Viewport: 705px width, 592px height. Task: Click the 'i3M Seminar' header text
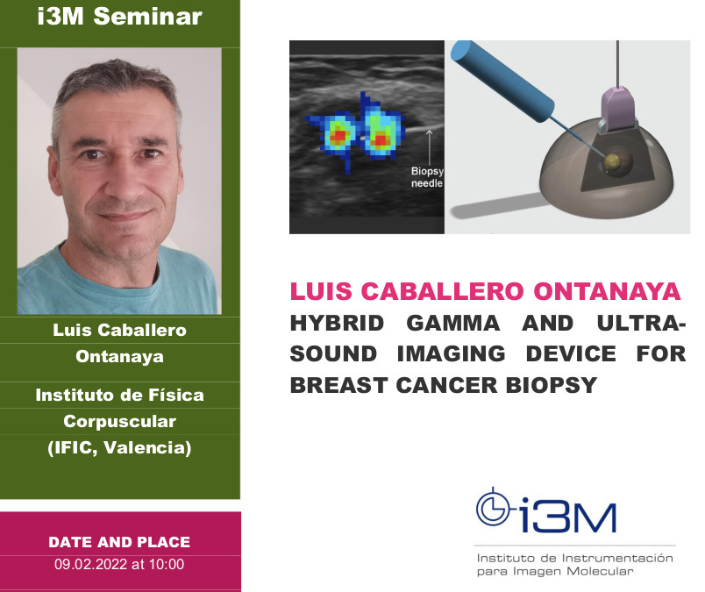point(119,18)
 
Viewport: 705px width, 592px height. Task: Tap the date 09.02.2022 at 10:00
point(119,564)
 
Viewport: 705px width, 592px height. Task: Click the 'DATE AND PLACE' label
point(119,542)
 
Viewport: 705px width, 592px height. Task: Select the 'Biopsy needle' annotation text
point(427,178)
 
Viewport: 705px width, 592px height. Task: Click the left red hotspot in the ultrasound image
point(338,139)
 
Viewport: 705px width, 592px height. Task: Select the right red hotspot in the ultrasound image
point(381,139)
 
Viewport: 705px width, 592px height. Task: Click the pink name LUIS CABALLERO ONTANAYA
point(485,291)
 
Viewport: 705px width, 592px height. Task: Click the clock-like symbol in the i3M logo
point(491,506)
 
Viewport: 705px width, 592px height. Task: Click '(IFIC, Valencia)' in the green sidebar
point(119,448)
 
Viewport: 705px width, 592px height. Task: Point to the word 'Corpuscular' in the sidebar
point(119,421)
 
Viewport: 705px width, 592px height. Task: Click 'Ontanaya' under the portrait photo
point(119,357)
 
